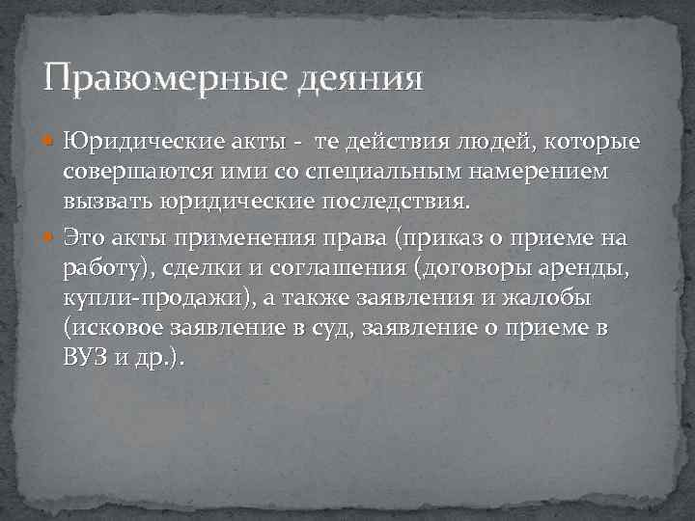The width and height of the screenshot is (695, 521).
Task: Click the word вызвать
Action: (x=100, y=205)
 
